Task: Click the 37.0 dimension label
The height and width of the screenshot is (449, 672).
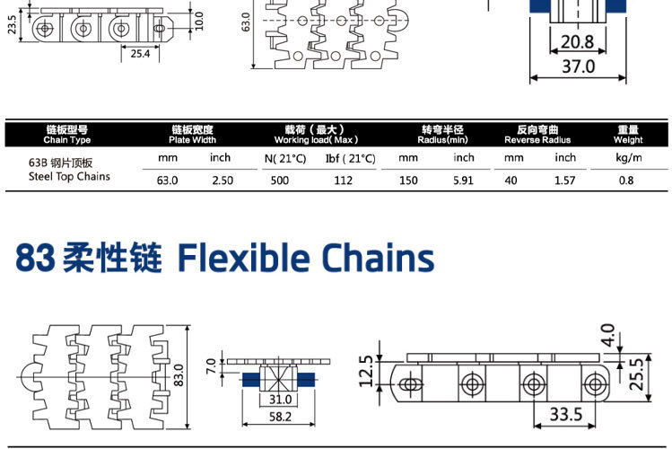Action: pyautogui.click(x=578, y=66)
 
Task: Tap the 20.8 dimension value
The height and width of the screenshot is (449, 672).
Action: pyautogui.click(x=577, y=41)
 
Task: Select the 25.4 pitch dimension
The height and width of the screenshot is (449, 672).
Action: pyautogui.click(x=140, y=54)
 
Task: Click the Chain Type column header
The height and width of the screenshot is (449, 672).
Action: pyautogui.click(x=67, y=136)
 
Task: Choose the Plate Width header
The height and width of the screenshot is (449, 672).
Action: pyautogui.click(x=192, y=136)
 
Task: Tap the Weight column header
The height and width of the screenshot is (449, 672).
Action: pyautogui.click(x=628, y=136)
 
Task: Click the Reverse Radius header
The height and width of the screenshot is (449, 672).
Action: pyautogui.click(x=537, y=136)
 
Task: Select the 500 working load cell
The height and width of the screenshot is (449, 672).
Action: pyautogui.click(x=279, y=180)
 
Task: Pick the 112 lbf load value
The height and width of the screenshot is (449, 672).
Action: pyautogui.click(x=343, y=180)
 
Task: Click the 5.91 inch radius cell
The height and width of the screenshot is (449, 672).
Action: pyautogui.click(x=463, y=180)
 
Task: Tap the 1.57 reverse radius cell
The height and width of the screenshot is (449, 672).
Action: pyautogui.click(x=564, y=180)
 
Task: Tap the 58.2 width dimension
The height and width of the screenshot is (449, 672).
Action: pyautogui.click(x=279, y=417)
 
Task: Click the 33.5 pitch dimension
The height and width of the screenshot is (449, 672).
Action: pyautogui.click(x=565, y=414)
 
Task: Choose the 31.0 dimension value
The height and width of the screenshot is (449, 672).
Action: pyautogui.click(x=279, y=400)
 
